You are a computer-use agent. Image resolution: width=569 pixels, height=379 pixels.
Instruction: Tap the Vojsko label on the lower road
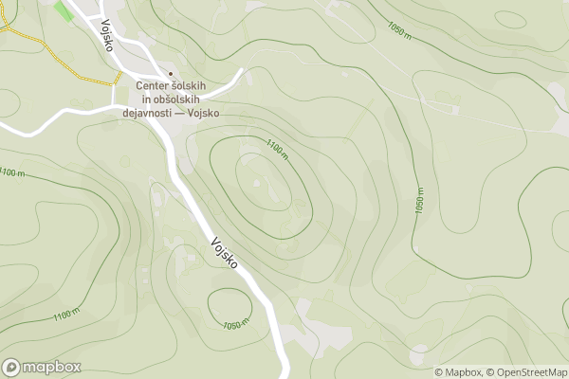(x=225, y=251)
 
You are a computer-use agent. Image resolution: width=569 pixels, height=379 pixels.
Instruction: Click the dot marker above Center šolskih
(x=171, y=74)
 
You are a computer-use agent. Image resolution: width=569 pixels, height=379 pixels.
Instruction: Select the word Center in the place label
(x=156, y=87)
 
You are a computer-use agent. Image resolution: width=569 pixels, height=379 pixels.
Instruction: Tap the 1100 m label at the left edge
(x=10, y=172)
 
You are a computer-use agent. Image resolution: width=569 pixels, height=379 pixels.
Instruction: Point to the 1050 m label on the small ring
(x=235, y=325)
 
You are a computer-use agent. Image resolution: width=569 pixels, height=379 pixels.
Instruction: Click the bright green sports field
(x=64, y=10)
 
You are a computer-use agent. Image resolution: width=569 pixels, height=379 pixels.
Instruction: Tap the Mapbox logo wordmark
(x=52, y=367)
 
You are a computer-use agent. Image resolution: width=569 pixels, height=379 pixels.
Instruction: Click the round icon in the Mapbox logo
(x=12, y=367)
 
